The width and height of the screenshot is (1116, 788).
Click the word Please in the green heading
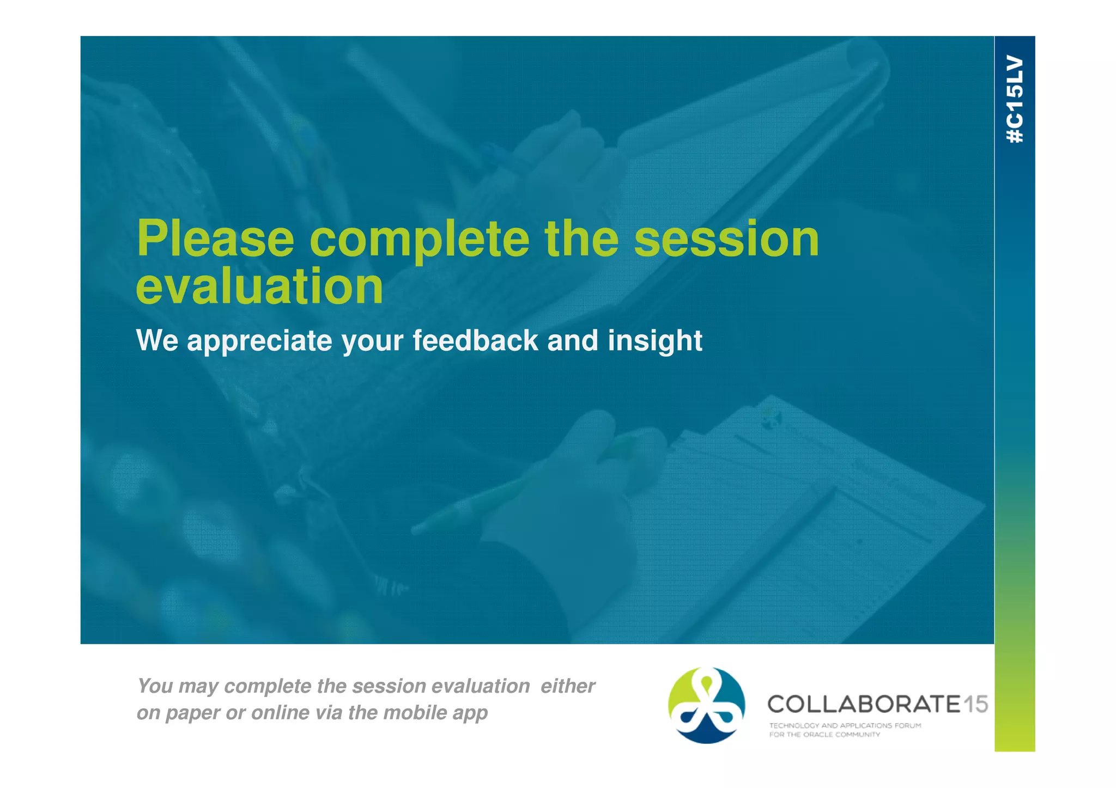click(215, 240)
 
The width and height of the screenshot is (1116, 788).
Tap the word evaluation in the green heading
click(259, 287)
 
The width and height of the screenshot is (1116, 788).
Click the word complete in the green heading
click(418, 240)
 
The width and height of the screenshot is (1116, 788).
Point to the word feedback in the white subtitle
click(475, 341)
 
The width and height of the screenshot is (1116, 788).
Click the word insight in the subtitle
click(654, 341)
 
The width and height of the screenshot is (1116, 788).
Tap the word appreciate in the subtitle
click(259, 341)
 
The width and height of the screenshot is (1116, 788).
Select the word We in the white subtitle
click(157, 340)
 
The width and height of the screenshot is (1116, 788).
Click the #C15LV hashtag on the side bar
click(1015, 99)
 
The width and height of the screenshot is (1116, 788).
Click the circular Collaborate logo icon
click(706, 705)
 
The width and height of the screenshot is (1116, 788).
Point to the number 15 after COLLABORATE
click(975, 704)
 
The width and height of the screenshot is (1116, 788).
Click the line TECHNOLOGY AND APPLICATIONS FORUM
click(845, 725)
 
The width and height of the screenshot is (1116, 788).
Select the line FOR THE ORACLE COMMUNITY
click(824, 735)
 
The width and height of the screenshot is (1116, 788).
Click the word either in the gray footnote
click(567, 686)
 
